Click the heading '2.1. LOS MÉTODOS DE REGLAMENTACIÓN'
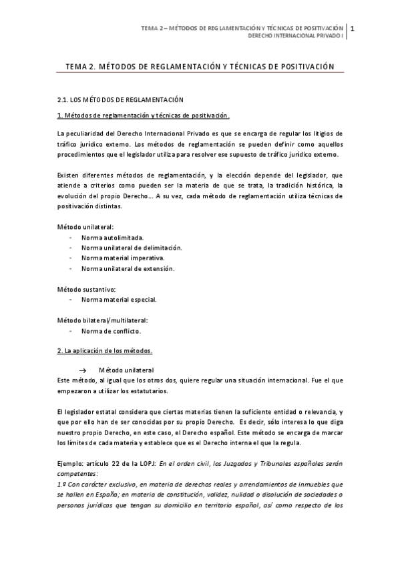(x=120, y=99)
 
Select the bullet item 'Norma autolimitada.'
(x=112, y=237)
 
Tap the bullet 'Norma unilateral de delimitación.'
(x=132, y=247)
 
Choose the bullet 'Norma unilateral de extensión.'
(x=128, y=268)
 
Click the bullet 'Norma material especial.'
(x=119, y=300)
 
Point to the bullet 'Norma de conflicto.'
(x=111, y=331)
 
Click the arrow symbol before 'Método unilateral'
(x=83, y=370)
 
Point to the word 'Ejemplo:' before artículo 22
(x=71, y=463)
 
